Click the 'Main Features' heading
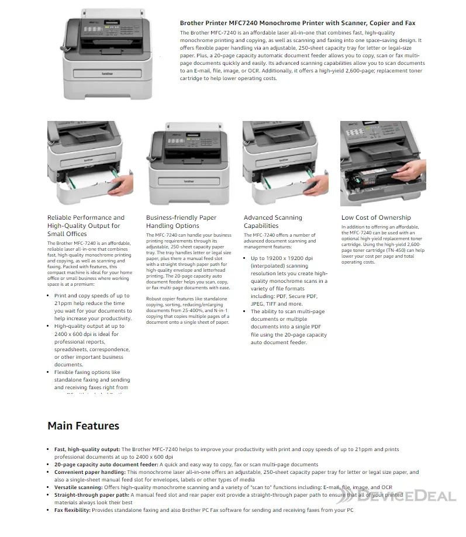click(83, 425)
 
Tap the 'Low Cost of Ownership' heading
click(376, 217)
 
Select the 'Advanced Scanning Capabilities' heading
click(272, 221)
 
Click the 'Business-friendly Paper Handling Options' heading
click(181, 221)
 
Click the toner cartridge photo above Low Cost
click(382, 163)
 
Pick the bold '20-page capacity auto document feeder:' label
click(102, 465)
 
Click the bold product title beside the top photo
click(297, 23)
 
